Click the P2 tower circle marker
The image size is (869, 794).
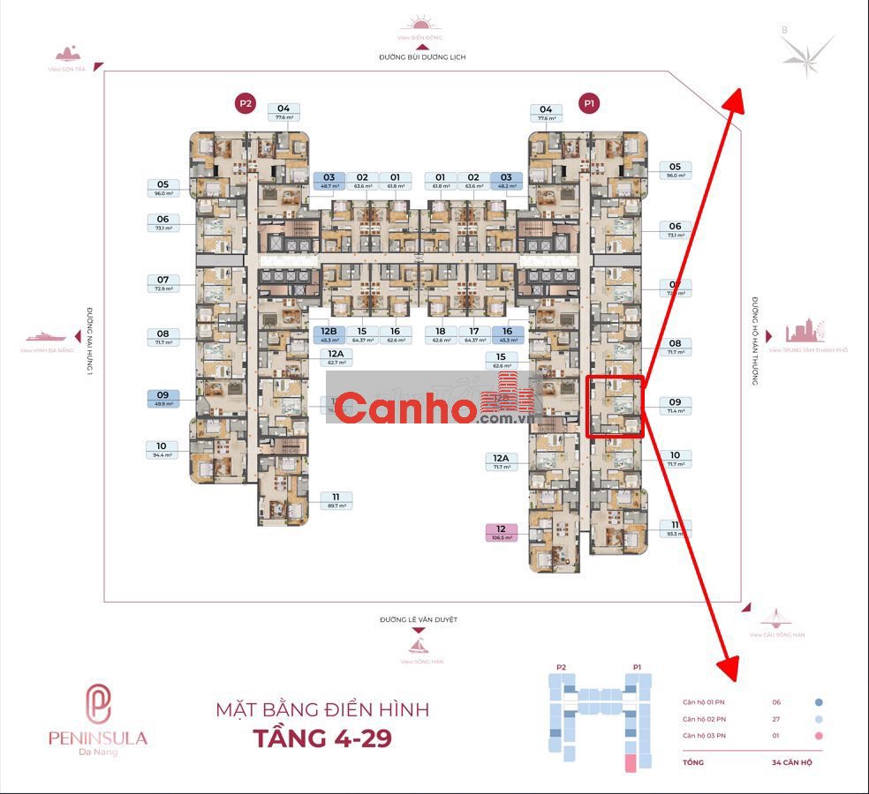click(245, 103)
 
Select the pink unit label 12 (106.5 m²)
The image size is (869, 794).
click(501, 533)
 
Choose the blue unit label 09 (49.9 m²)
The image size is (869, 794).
click(162, 399)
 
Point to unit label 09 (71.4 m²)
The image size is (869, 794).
click(675, 406)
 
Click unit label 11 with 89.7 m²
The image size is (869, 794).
click(336, 500)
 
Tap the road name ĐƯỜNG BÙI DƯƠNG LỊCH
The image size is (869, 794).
click(422, 57)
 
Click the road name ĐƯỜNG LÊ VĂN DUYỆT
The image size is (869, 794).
click(419, 620)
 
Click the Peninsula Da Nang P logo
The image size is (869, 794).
click(97, 703)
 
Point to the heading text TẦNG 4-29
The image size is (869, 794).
click(322, 737)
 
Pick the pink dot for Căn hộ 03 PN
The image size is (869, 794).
click(819, 736)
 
